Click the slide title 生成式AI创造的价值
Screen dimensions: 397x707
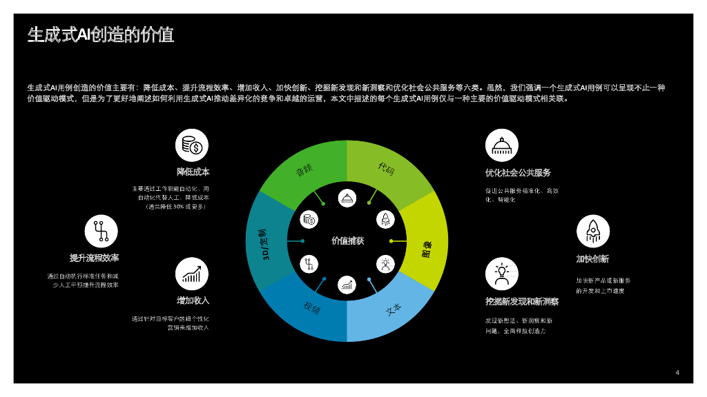101,34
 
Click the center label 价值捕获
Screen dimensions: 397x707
347,241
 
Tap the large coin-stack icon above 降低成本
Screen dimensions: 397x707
192,145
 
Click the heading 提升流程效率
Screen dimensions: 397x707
94,257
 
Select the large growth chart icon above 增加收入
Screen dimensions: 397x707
192,274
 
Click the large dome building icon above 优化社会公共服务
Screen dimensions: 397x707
502,145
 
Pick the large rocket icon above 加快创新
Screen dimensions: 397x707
592,231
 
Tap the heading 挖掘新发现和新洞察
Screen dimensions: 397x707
521,301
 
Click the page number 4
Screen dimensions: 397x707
677,373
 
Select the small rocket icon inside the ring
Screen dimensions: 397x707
385,220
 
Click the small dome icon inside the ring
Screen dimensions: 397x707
347,198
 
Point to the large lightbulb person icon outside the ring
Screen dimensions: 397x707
502,274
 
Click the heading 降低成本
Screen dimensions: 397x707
193,172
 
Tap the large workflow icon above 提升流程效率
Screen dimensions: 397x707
101,231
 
